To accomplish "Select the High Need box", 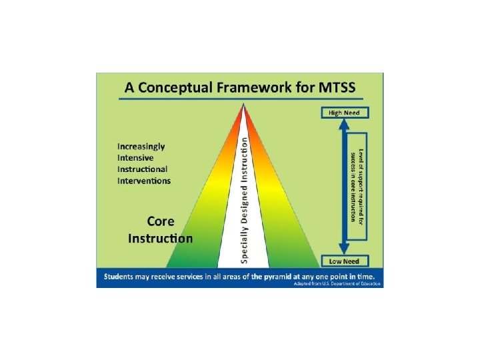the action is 343,113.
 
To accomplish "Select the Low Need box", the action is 343,261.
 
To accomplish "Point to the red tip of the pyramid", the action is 244,110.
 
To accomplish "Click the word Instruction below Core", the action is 161,238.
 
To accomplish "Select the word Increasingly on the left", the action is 141,146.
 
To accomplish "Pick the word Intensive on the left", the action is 135,157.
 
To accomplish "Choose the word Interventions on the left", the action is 144,180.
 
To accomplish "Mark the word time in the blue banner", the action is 366,275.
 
